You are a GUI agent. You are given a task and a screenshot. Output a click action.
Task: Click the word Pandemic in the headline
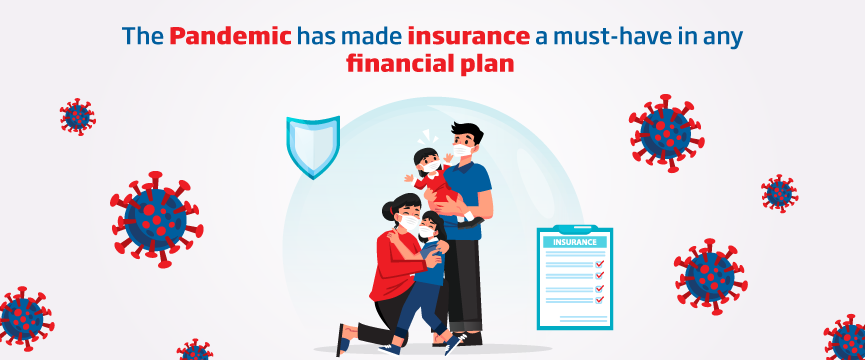pyautogui.click(x=230, y=36)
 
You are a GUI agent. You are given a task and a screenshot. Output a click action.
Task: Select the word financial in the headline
pyautogui.click(x=398, y=64)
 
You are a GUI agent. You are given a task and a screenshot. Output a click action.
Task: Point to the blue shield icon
pyautogui.click(x=313, y=147)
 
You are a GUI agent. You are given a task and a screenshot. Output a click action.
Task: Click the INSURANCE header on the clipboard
pyautogui.click(x=574, y=242)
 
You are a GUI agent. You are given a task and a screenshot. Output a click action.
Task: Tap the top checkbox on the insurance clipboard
pyautogui.click(x=599, y=264)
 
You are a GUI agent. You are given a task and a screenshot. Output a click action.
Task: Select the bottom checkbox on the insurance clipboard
pyautogui.click(x=599, y=299)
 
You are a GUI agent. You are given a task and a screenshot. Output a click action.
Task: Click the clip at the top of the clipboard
pyautogui.click(x=575, y=229)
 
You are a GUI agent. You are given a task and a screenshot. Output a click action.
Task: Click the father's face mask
pyautogui.click(x=462, y=151)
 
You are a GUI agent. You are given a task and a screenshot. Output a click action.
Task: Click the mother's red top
pyautogui.click(x=396, y=266)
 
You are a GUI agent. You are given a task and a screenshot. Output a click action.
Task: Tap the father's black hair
pyautogui.click(x=467, y=133)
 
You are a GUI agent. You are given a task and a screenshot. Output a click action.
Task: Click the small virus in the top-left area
pyautogui.click(x=78, y=117)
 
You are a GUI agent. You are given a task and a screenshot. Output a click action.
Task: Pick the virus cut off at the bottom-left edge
pyautogui.click(x=23, y=319)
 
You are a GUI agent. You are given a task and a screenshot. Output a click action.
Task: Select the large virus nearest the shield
pyautogui.click(x=157, y=219)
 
